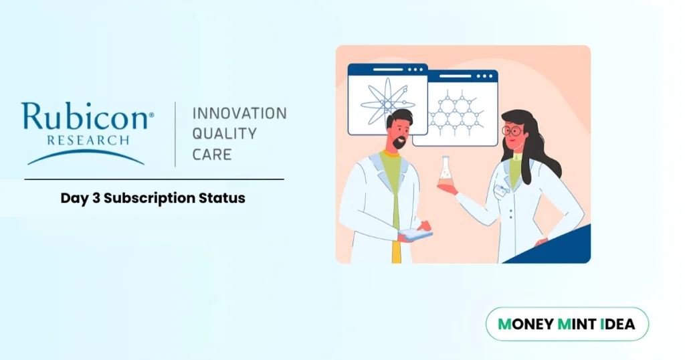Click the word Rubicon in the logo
84,117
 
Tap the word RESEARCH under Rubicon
87,140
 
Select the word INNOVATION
239,113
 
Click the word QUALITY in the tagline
224,134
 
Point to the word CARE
211,155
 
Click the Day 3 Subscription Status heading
153,198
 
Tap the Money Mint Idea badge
567,325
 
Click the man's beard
399,143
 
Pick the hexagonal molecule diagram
454,112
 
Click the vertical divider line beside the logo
175,134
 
